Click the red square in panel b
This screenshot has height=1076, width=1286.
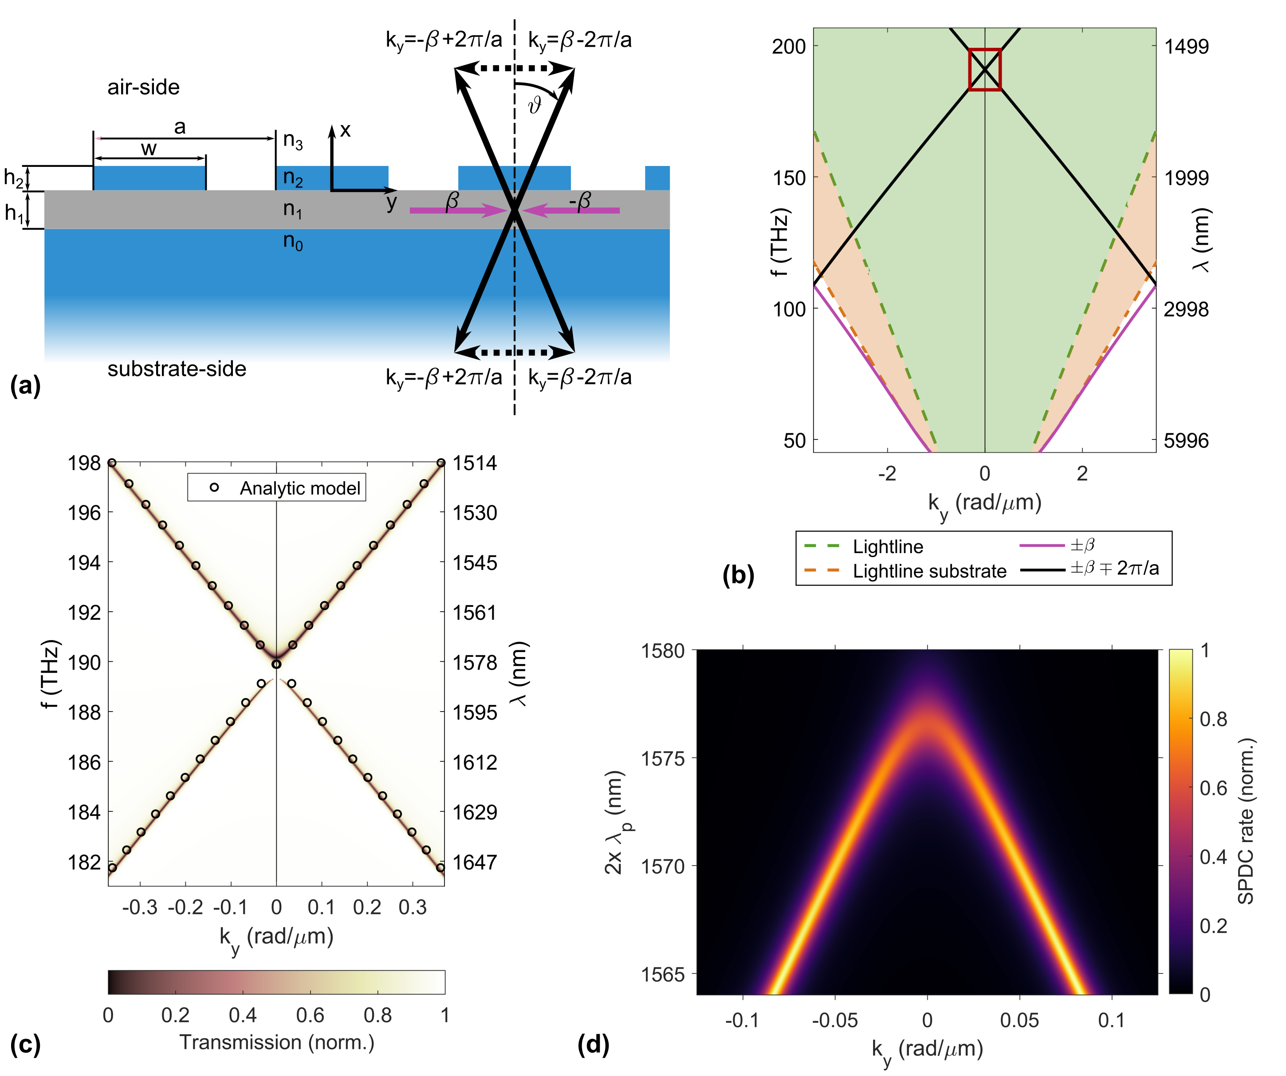tap(985, 70)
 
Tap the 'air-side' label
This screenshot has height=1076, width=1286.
tap(143, 87)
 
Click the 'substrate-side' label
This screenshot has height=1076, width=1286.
tap(177, 369)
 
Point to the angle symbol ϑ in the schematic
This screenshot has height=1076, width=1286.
tap(535, 105)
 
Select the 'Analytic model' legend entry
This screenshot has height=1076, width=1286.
tap(299, 488)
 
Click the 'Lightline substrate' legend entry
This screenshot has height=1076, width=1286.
tap(929, 571)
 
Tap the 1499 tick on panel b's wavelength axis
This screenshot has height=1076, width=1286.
tap(1186, 47)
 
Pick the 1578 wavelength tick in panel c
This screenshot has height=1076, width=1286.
tap(475, 662)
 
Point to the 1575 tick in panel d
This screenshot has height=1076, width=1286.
tap(663, 759)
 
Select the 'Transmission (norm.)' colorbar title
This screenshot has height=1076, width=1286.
tap(277, 1042)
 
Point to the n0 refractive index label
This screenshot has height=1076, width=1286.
tap(293, 241)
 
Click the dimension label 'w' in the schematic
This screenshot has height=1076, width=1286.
tap(149, 149)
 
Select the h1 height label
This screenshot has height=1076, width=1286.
tap(13, 213)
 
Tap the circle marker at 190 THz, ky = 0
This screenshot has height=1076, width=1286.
tap(276, 664)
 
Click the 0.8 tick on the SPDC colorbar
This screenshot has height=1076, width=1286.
tap(1213, 719)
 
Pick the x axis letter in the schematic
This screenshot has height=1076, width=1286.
tap(346, 130)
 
